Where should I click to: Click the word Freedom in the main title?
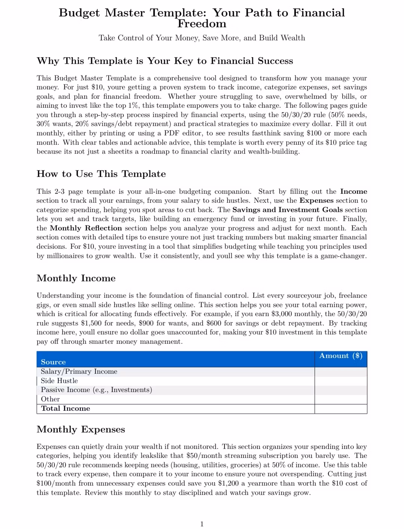tap(202, 24)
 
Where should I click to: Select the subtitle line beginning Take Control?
tap(202, 38)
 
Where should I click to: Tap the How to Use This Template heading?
tap(101, 174)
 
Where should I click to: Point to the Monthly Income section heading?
tap(76, 278)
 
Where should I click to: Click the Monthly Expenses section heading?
tap(81, 429)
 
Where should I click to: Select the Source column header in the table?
tap(53, 362)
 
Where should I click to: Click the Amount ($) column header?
tap(341, 356)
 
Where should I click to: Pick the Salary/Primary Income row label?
tap(79, 371)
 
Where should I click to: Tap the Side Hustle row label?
tap(59, 381)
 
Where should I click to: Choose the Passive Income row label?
tap(96, 390)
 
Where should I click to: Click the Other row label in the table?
tap(50, 399)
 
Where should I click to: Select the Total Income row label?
tap(65, 409)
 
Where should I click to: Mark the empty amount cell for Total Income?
tap(341, 409)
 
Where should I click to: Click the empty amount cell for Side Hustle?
tap(341, 381)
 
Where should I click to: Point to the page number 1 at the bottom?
tap(202, 524)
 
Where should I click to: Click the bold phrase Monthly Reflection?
tap(86, 228)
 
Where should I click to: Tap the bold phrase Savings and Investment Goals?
tap(287, 210)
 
